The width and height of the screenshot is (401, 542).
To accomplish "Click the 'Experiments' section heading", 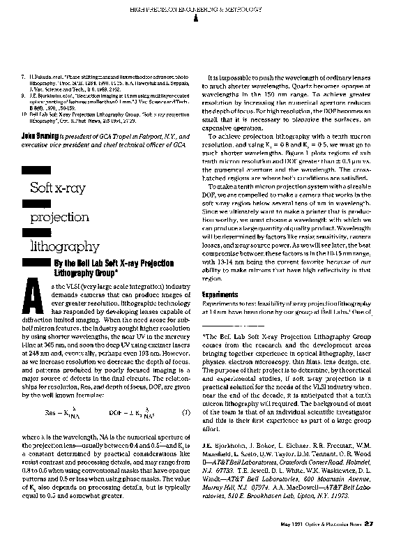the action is point(220,294).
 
